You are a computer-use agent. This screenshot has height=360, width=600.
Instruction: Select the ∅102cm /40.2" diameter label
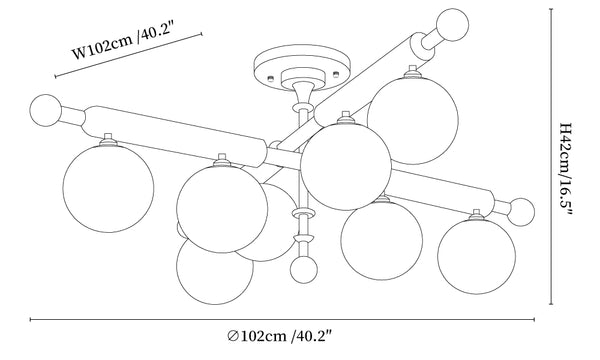pos(279,336)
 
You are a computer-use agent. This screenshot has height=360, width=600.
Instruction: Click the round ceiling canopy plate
pos(302,68)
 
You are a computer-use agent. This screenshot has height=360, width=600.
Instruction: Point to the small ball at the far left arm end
pos(46,110)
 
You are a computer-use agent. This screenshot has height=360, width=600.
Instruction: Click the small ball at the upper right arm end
pos(453,25)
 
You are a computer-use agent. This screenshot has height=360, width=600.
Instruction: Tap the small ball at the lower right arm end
pos(521,212)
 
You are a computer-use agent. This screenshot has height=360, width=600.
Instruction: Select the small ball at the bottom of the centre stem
pos(304,269)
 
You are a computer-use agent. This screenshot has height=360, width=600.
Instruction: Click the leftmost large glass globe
pos(108,187)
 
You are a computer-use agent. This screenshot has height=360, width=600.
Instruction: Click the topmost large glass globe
pos(412,119)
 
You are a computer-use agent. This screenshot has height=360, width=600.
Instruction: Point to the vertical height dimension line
pos(551,156)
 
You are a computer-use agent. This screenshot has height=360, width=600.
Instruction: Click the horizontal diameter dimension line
pos(282,319)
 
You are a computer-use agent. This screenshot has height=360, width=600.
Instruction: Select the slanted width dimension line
pos(129,55)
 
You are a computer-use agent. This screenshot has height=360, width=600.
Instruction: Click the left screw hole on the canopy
pos(271,78)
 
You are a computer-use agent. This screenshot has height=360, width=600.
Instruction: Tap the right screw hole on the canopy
pos(336,73)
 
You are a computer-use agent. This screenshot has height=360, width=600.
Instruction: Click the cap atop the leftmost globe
pos(108,140)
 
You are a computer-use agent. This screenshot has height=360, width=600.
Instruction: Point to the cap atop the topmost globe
pos(412,72)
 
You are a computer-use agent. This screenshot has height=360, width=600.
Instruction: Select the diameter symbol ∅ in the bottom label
pos(233,336)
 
